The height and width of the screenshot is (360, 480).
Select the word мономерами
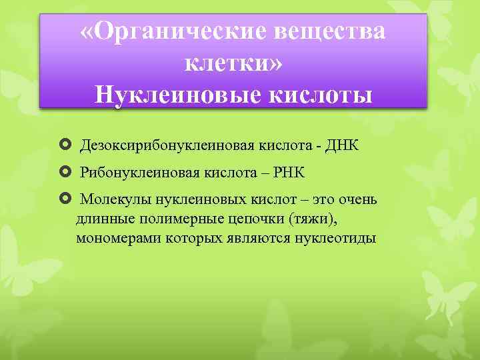(x=111, y=238)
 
